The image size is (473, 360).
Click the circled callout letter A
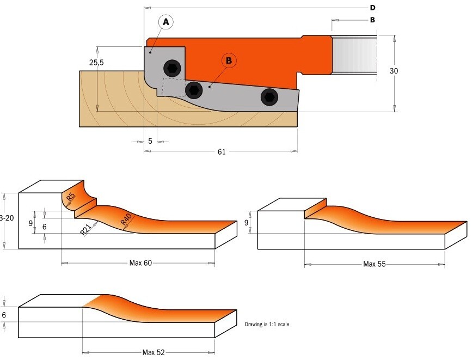point(166,22)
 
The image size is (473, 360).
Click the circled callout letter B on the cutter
point(229,60)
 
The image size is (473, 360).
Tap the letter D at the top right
point(372,8)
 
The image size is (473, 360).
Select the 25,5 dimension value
point(96,63)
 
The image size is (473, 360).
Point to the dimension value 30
point(394,71)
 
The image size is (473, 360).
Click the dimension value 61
point(222,152)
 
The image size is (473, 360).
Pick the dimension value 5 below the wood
point(150,141)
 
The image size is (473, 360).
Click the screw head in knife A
point(172,68)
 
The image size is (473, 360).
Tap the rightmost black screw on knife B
point(269,97)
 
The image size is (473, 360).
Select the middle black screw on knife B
point(194,90)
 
